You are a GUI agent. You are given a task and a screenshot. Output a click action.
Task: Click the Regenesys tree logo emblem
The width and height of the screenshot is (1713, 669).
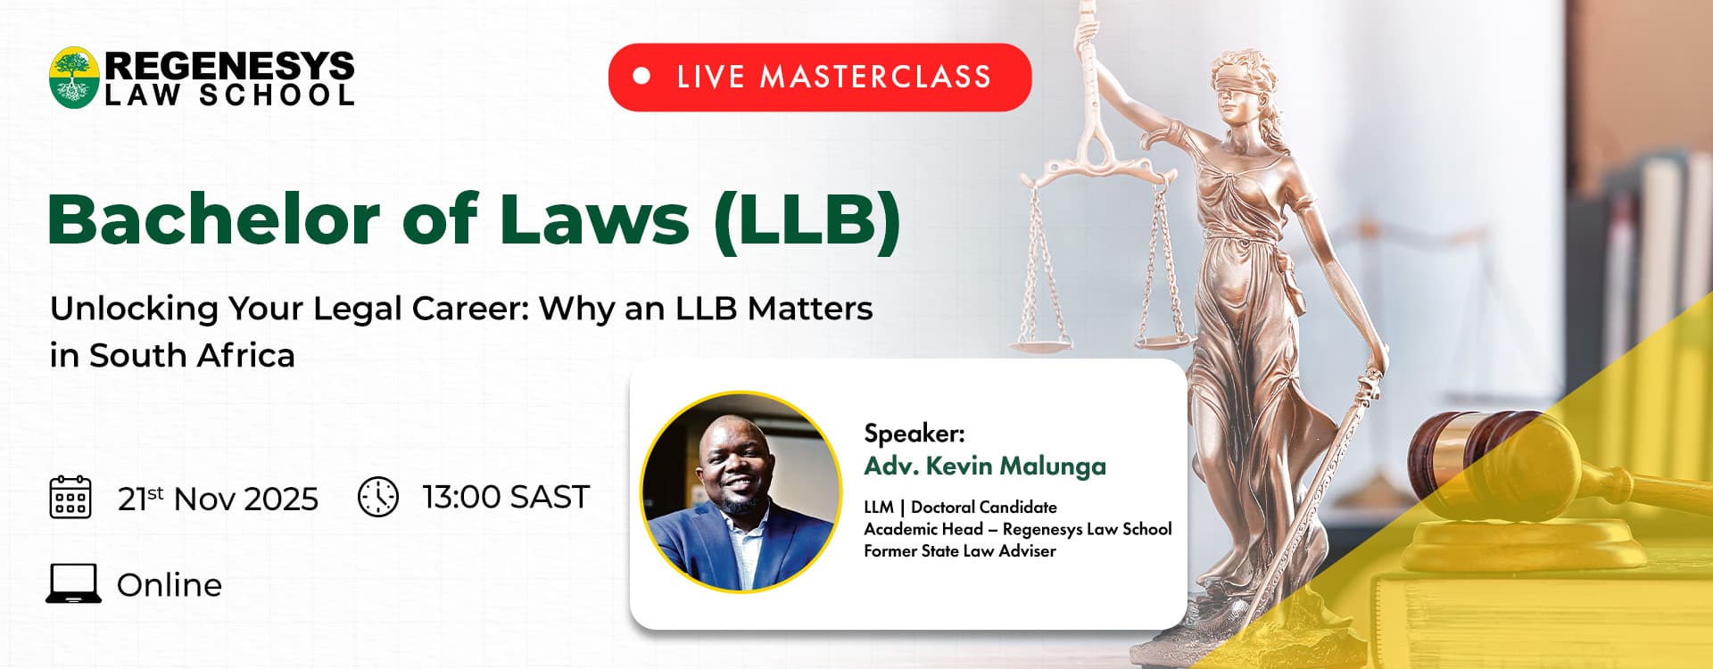pos(74,78)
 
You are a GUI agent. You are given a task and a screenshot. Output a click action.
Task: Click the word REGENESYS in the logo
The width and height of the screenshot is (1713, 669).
pos(229,66)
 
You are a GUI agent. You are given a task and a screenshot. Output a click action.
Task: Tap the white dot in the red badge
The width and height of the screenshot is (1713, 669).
pos(641,77)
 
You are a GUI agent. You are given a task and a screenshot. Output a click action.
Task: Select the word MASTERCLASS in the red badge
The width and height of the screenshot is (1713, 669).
pos(875,77)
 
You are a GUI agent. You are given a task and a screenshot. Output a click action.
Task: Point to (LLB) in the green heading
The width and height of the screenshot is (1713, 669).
pos(807,220)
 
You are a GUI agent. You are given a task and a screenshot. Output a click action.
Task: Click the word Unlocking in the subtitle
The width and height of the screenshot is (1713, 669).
pos(134,310)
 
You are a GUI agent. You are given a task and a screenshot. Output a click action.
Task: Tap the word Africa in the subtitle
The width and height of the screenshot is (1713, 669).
pos(245,355)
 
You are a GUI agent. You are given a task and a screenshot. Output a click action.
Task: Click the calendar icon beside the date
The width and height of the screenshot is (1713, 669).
pos(70,497)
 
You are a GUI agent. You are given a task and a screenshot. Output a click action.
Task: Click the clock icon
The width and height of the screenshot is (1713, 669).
pos(378,497)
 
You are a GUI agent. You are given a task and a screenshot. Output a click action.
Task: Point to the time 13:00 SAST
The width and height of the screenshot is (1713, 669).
pos(506,497)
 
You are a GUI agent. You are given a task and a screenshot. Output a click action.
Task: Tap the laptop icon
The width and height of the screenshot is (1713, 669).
pos(73,583)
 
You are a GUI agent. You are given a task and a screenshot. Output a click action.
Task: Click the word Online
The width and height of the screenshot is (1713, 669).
pos(170,585)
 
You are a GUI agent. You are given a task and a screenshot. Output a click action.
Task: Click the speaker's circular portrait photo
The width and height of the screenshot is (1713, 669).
pos(741,492)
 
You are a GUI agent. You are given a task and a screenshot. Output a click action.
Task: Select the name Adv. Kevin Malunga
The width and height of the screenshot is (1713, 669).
pos(985,466)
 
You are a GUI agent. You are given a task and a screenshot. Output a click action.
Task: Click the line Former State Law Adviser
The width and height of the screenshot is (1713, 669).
pos(960,551)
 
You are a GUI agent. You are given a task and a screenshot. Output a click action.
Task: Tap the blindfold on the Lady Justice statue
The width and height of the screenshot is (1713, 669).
pos(1243,88)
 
